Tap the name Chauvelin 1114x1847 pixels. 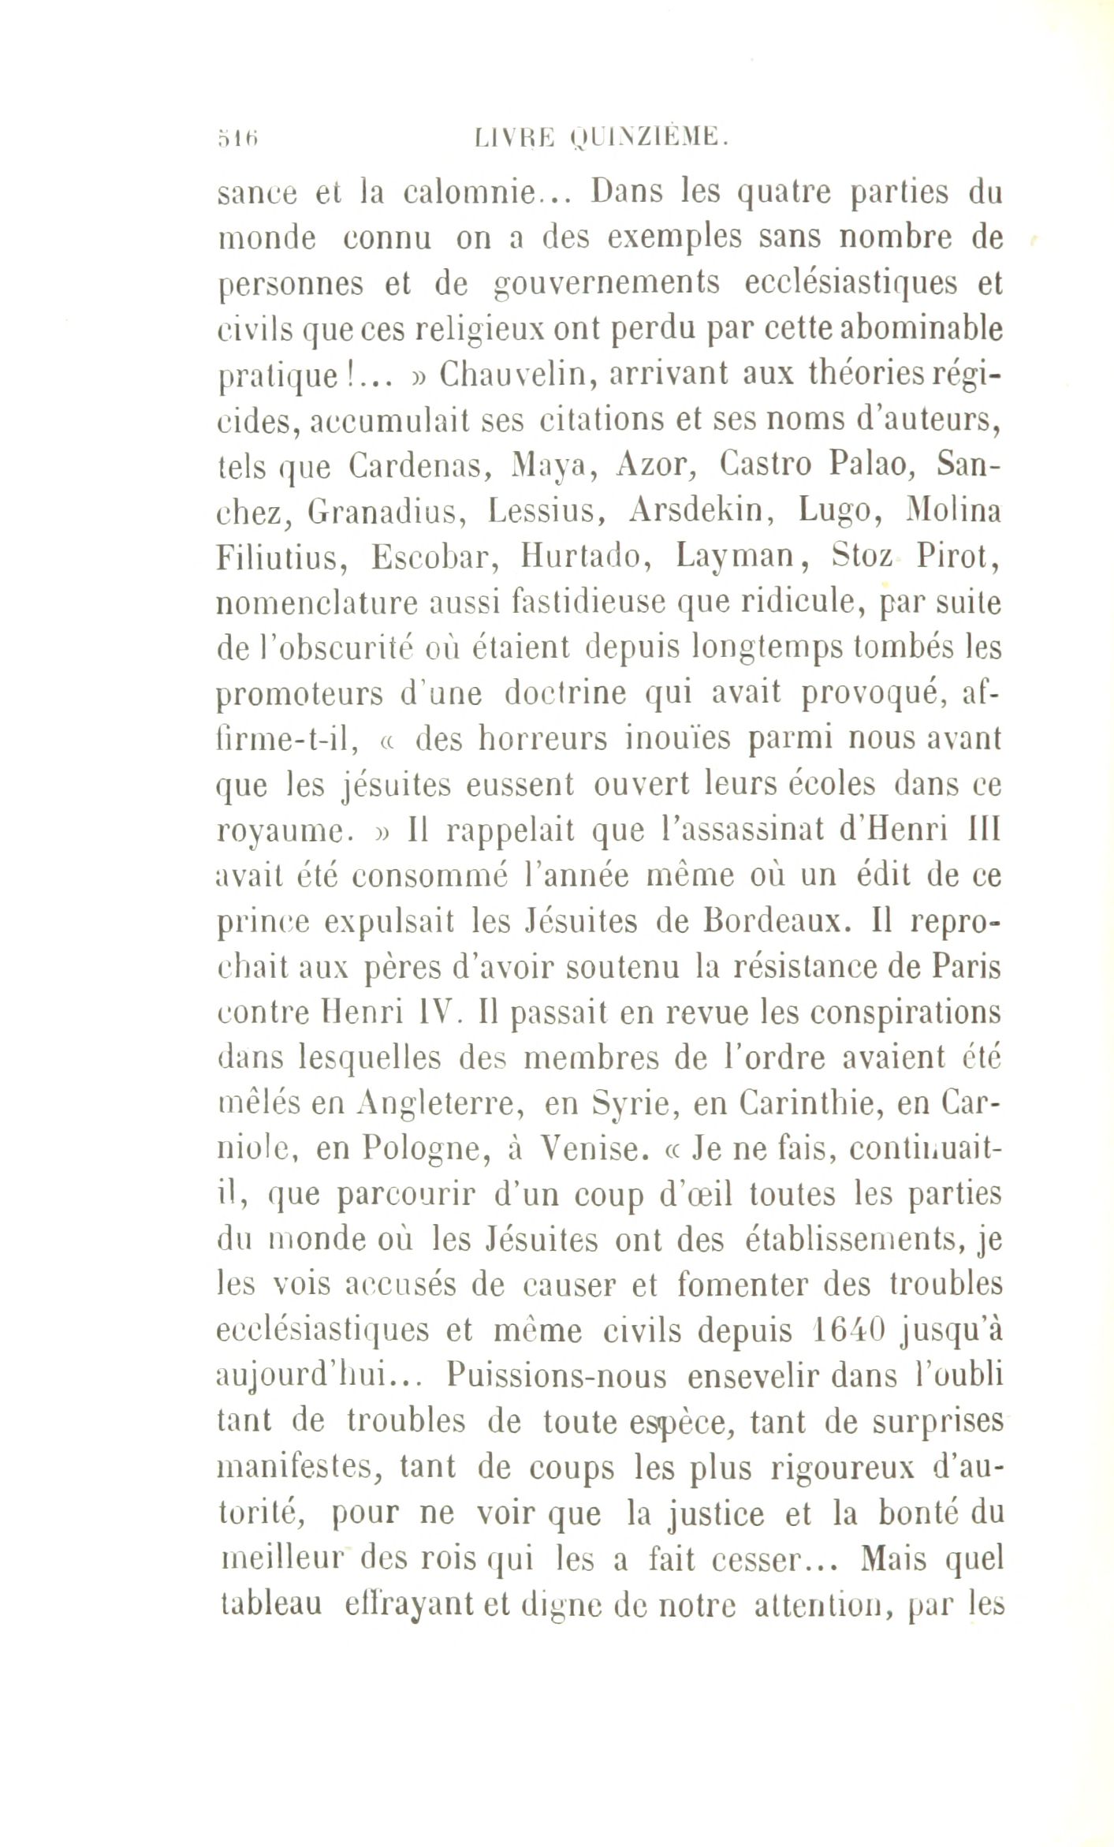point(511,375)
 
